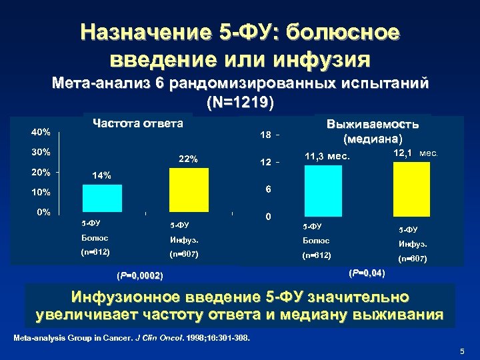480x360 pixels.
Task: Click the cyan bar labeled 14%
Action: (101, 198)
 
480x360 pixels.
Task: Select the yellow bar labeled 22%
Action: (189, 190)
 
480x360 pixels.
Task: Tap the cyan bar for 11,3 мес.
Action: (323, 189)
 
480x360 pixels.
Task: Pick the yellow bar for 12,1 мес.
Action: (412, 188)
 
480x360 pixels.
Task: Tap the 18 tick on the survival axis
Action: (265, 135)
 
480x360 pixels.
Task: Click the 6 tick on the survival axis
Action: (267, 190)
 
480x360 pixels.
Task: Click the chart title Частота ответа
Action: (138, 123)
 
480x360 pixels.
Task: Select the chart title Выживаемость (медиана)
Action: (373, 131)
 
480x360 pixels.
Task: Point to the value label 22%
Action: (188, 159)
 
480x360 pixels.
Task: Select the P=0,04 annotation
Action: (367, 273)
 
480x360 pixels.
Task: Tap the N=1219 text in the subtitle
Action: (241, 103)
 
